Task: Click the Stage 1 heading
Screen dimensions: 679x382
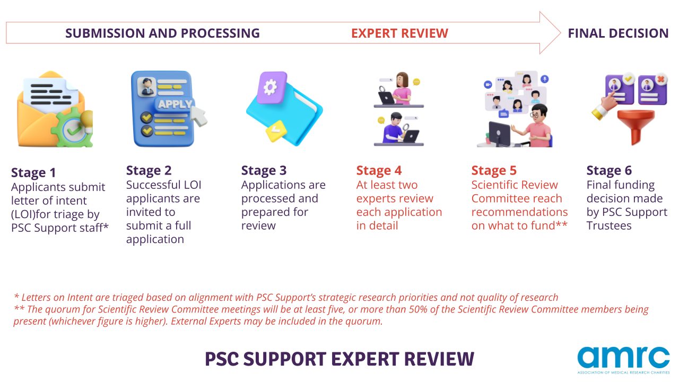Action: coord(33,172)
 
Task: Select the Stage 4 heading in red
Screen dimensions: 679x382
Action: coord(379,170)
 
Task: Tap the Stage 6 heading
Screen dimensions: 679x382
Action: coord(609,170)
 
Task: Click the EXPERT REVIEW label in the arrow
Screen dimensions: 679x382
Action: coord(399,33)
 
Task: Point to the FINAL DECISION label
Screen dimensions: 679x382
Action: coord(618,33)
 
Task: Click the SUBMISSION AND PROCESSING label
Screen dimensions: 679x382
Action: coord(162,33)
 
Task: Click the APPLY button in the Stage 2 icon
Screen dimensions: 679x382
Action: coord(175,105)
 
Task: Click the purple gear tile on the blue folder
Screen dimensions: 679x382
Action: coord(272,88)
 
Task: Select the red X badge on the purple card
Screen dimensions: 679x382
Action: coord(661,80)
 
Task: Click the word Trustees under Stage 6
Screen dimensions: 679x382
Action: coord(609,225)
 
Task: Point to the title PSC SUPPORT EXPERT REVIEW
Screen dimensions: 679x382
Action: coord(339,359)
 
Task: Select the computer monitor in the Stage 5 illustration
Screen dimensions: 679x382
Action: coord(499,133)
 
